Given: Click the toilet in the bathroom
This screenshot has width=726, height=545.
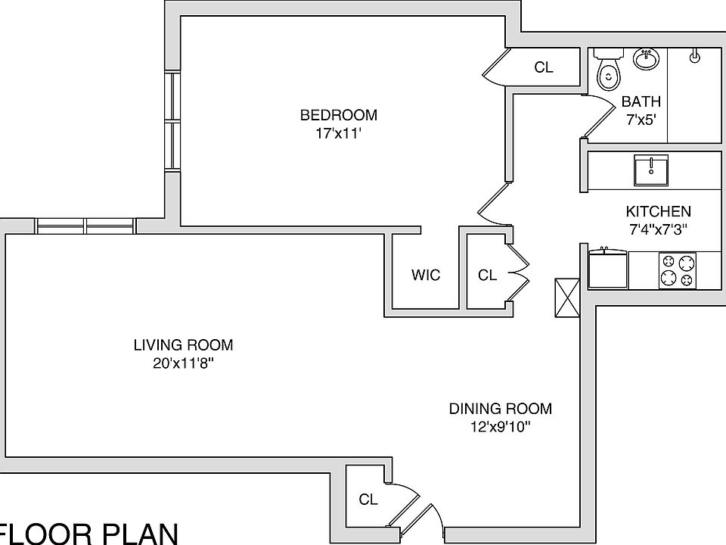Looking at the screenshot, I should tap(607, 70).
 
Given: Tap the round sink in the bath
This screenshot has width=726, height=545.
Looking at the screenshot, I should tap(644, 58).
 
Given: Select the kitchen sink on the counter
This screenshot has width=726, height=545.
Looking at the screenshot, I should tap(650, 170).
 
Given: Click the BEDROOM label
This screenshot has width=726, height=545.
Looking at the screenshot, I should tap(338, 115).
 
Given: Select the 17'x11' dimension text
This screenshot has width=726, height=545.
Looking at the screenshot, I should tap(338, 133).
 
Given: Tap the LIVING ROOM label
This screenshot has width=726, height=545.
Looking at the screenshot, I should tap(183, 345).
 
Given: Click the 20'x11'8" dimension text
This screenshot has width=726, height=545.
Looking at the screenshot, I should tap(183, 363).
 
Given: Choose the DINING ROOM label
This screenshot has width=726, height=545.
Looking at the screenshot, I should tap(500, 409).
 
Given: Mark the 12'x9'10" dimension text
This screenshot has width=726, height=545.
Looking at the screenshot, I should tap(500, 427).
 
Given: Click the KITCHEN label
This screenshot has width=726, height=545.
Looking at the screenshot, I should tap(657, 212).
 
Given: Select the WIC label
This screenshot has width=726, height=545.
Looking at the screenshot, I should tap(425, 275).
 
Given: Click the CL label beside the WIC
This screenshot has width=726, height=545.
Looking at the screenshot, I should tap(487, 275).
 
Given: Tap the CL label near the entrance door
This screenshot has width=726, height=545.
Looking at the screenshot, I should tap(368, 500).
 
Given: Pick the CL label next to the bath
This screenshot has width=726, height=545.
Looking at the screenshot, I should tap(543, 67).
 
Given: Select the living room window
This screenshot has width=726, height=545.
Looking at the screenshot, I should tap(85, 226).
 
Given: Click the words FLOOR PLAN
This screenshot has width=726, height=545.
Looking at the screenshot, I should tap(89, 533).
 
